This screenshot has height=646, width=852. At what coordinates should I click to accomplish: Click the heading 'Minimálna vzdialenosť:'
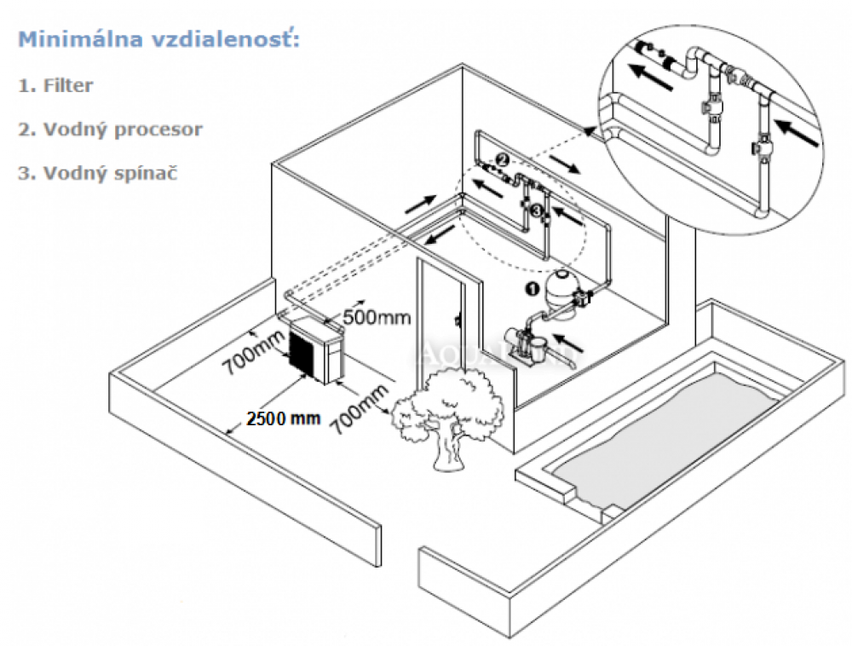(159, 40)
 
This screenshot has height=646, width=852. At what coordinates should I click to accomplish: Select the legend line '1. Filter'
(55, 85)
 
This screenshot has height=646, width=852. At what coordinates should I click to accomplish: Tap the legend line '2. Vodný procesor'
(111, 130)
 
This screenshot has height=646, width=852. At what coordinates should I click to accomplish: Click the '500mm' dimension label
(377, 318)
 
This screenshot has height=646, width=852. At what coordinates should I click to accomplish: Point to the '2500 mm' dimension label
(282, 418)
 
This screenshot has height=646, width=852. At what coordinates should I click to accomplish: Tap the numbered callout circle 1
(529, 289)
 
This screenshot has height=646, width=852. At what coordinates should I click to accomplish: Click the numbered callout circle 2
(503, 159)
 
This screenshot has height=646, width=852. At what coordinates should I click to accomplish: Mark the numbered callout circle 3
(535, 209)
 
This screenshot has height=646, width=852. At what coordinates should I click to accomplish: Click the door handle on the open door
(458, 323)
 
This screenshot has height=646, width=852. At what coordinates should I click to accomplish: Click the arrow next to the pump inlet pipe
(576, 345)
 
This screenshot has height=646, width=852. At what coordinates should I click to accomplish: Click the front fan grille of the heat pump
(303, 350)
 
